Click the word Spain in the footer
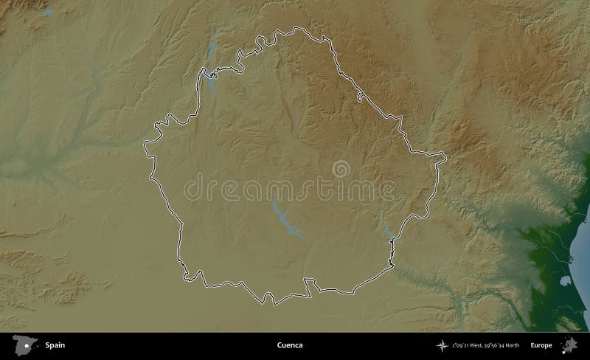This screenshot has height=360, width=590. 54,345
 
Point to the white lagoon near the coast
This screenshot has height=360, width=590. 563,282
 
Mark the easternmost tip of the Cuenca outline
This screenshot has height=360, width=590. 445,156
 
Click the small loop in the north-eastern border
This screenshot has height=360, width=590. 360,97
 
